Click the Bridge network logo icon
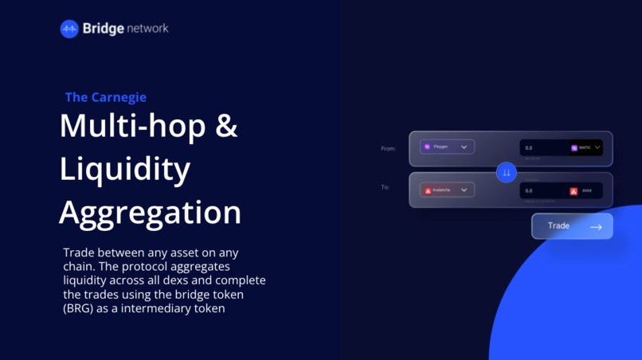69,29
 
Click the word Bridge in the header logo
104,29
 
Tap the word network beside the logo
147,29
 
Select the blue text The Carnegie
105,97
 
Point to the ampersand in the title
227,127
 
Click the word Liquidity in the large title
124,169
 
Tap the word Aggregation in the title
150,213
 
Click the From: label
388,148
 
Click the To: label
385,187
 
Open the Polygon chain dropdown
447,147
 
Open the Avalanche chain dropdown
447,190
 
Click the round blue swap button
507,172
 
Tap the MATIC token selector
585,147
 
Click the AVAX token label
586,191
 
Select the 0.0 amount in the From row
529,148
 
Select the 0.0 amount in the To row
529,191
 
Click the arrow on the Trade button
596,227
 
